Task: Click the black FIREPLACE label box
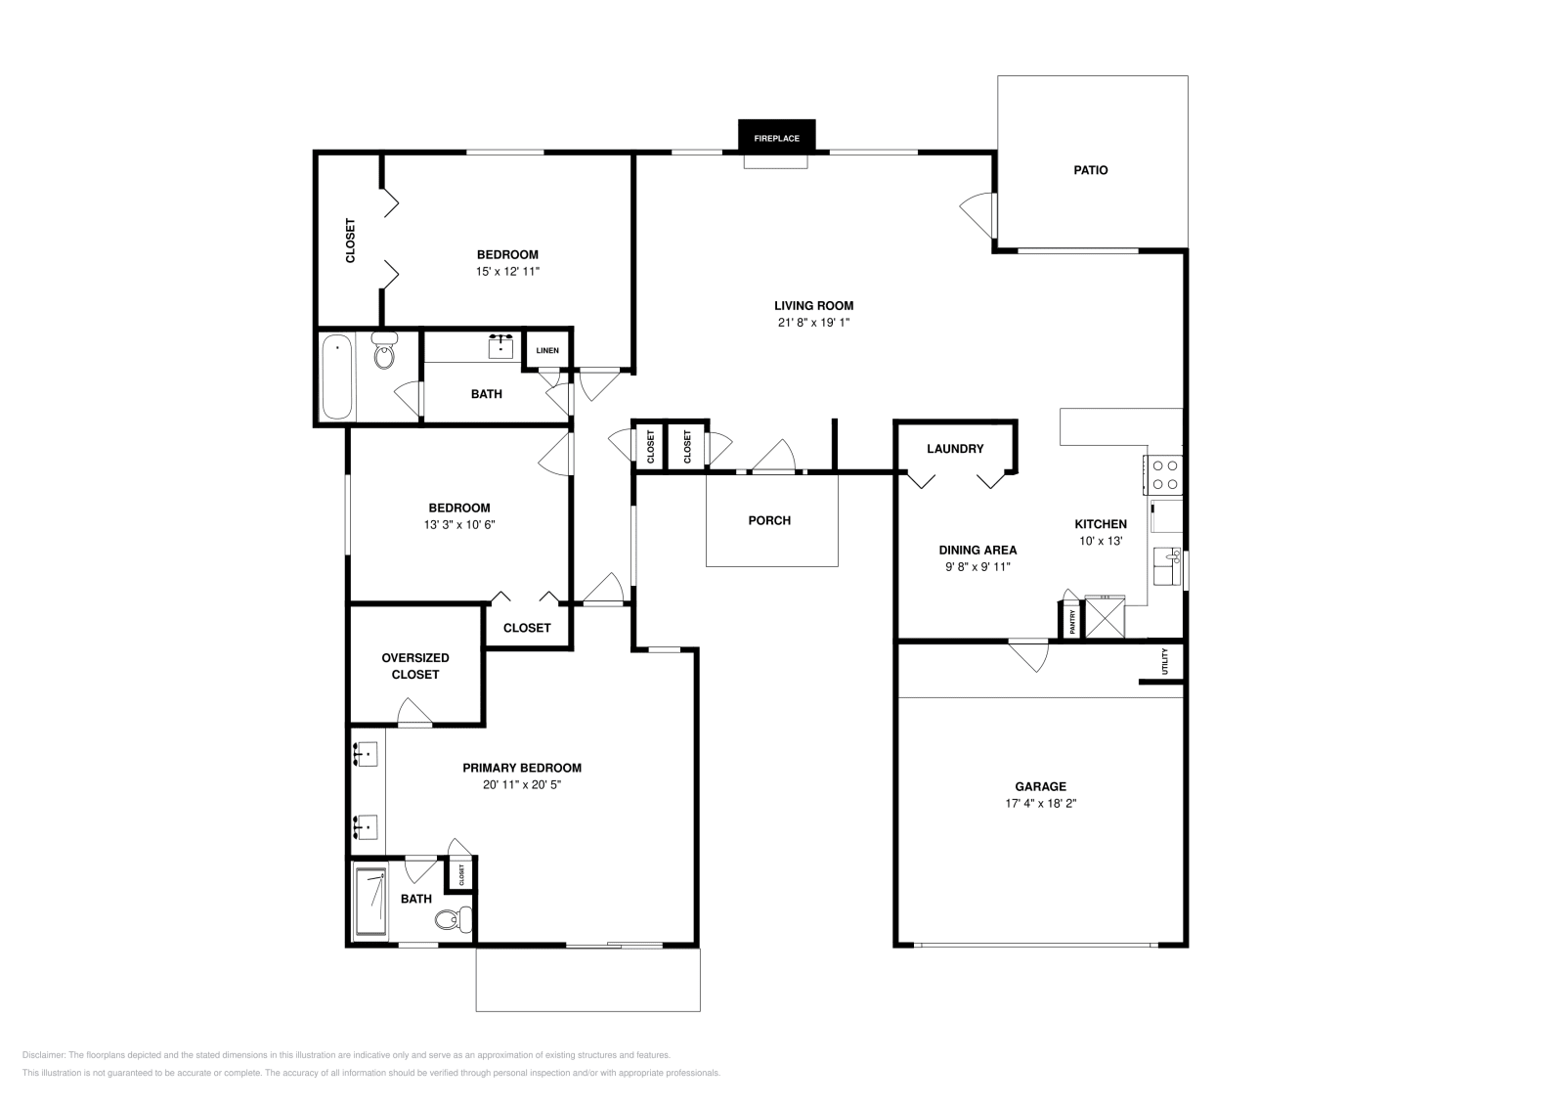click(x=776, y=135)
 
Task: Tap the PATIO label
click(x=1091, y=170)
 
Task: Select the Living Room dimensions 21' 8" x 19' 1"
click(x=813, y=323)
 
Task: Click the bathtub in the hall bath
click(x=336, y=376)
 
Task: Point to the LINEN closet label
click(x=547, y=351)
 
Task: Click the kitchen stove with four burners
click(x=1163, y=475)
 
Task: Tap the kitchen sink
click(x=1167, y=566)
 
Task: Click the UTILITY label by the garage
click(x=1164, y=661)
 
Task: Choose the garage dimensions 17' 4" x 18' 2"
click(x=1040, y=804)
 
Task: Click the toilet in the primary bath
click(x=454, y=919)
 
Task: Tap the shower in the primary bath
click(x=370, y=902)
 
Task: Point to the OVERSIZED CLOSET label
click(x=415, y=666)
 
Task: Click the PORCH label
click(x=769, y=520)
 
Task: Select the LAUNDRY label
click(x=955, y=449)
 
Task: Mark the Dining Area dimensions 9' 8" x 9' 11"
click(x=977, y=567)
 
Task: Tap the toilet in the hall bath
click(x=384, y=351)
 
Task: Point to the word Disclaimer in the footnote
click(x=43, y=1055)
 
